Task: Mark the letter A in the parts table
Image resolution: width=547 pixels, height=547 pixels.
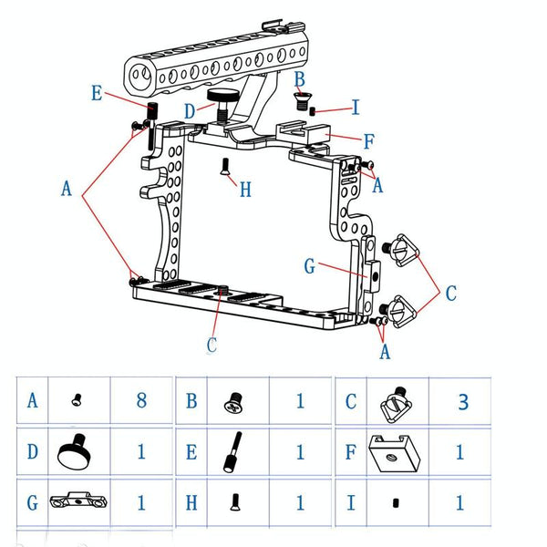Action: coord(33,400)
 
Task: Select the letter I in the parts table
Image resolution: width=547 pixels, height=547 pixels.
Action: coord(348,501)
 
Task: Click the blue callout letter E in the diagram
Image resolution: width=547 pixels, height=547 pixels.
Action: coord(97,92)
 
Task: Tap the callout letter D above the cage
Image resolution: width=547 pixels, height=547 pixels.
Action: coord(189,111)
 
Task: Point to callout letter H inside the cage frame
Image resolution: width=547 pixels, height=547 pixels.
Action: coord(244,190)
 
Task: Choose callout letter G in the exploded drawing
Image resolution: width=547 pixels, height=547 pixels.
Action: coord(310,266)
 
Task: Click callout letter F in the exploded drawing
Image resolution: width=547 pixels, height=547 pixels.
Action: coord(368,141)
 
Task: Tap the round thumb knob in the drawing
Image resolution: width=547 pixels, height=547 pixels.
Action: coord(222,98)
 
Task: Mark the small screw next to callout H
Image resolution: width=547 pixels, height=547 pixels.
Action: coord(223,166)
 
